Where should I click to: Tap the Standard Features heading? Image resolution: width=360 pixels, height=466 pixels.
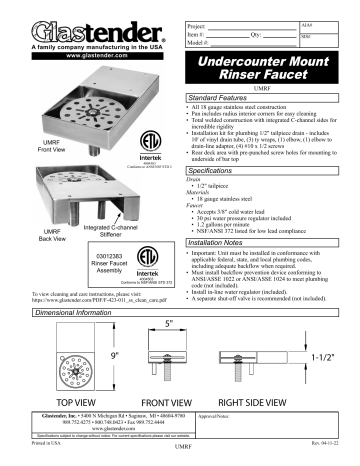tap(225, 97)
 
